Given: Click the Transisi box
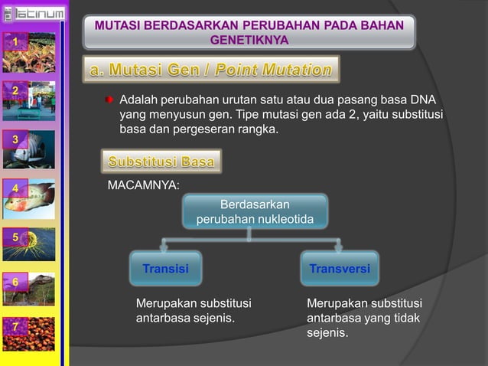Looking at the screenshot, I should [x=166, y=269].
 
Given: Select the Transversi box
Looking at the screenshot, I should [x=340, y=269].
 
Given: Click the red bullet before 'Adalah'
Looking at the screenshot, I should [x=109, y=100].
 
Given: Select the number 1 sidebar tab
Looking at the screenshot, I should [x=15, y=41].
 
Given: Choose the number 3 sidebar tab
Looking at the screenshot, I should [x=15, y=139].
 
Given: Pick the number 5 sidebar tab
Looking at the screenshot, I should [x=15, y=236].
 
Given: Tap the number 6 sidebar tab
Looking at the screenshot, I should [x=15, y=282].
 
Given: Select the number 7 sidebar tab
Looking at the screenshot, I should [x=15, y=328].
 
